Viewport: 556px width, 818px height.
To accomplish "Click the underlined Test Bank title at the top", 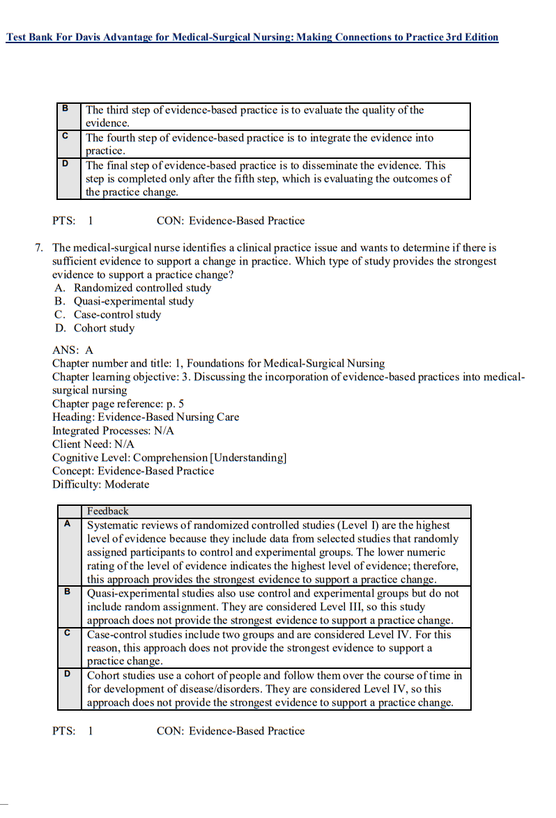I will [252, 37].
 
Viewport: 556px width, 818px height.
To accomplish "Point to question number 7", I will [39, 248].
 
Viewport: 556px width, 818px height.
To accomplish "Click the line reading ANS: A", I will [72, 350].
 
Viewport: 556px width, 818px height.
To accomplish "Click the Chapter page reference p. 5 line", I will [118, 403].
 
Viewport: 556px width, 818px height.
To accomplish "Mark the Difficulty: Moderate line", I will [100, 484].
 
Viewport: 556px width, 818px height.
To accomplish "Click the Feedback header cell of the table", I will [108, 511].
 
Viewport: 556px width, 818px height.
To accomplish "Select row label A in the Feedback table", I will [68, 524].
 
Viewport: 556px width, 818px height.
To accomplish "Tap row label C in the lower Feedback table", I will [68, 633].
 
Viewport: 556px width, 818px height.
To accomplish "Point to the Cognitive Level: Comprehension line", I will [169, 458].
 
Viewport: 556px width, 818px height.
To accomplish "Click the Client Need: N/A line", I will [93, 444].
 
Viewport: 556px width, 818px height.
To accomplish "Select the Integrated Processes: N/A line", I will [113, 431].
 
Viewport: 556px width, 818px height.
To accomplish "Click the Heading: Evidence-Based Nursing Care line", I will [145, 417].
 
